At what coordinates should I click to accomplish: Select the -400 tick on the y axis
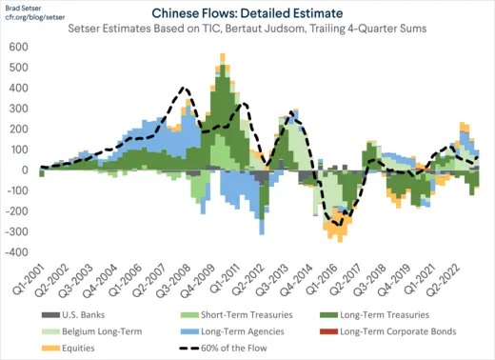click(15, 252)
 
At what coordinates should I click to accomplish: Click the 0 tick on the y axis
click(24, 170)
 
